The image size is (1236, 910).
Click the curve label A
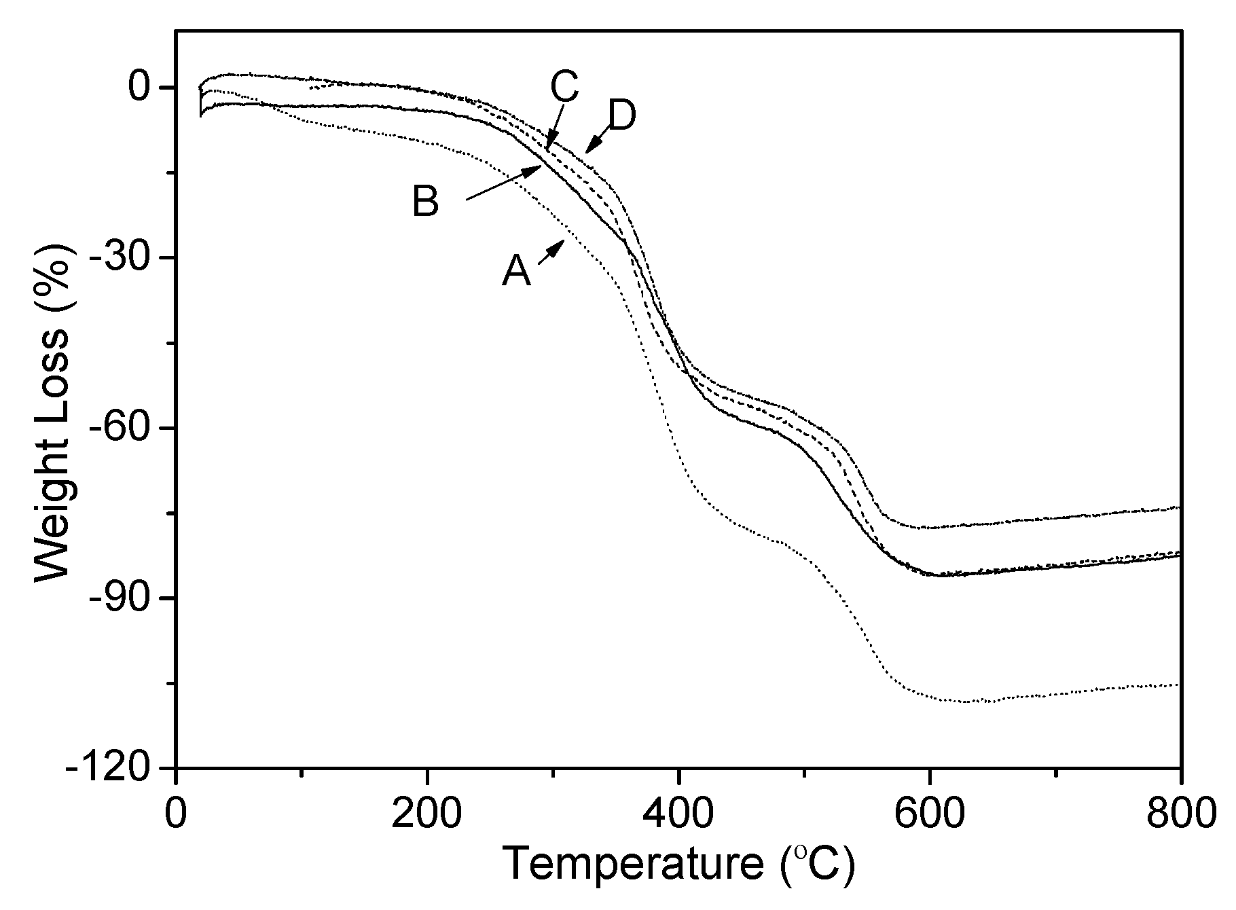(516, 272)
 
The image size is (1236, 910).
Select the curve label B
(426, 202)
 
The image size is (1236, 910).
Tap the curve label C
(564, 87)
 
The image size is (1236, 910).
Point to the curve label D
(621, 117)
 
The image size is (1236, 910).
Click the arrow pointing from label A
(551, 253)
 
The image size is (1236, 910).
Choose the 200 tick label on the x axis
(426, 813)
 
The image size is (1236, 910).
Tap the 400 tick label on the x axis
(677, 813)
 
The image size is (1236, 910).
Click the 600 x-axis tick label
(928, 813)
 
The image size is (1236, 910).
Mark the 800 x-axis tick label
(1180, 813)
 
